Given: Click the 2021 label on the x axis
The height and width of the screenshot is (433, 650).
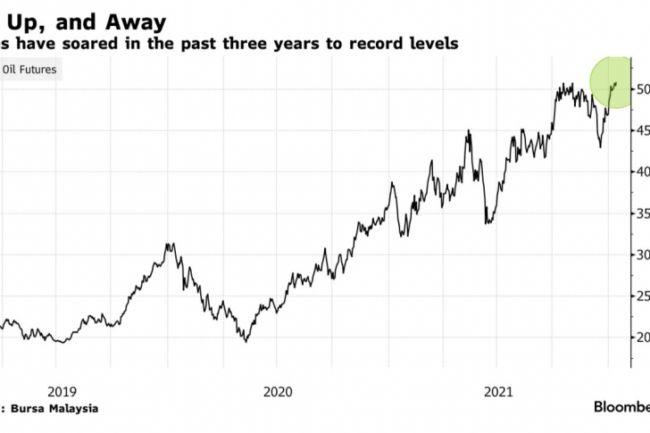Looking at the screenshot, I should [x=498, y=391].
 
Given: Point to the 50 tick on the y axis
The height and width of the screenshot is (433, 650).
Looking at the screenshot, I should [x=642, y=89].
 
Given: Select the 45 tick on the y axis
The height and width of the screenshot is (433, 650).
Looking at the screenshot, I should [x=642, y=130].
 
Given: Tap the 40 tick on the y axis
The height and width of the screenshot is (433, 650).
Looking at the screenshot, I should [x=642, y=171].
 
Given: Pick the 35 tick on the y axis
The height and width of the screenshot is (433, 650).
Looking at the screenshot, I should [x=642, y=213].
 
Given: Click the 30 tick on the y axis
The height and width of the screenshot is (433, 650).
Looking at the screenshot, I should [x=642, y=254].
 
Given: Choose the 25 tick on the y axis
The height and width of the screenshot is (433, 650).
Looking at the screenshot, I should [x=642, y=296].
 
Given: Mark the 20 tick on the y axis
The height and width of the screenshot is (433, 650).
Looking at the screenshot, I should [x=642, y=337].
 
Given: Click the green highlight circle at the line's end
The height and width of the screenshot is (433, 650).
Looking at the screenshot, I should [x=615, y=84].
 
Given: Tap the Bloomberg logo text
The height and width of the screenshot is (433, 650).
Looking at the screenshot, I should [x=621, y=407].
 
